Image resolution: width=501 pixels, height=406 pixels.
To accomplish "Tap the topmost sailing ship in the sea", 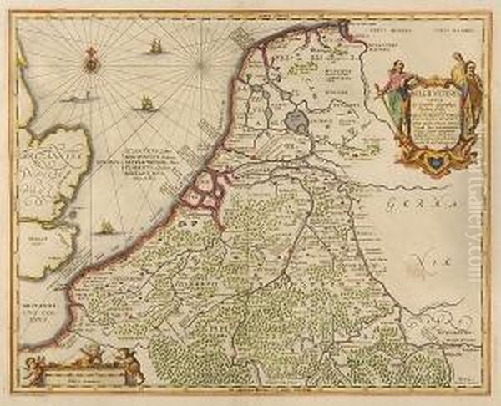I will pos(154,48).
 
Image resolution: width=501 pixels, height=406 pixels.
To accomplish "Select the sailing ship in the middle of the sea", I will pos(145,104).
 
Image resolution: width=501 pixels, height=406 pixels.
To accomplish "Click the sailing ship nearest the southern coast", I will pos(107,226).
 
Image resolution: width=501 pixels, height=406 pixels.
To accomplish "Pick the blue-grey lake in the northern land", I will pos(296,123).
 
